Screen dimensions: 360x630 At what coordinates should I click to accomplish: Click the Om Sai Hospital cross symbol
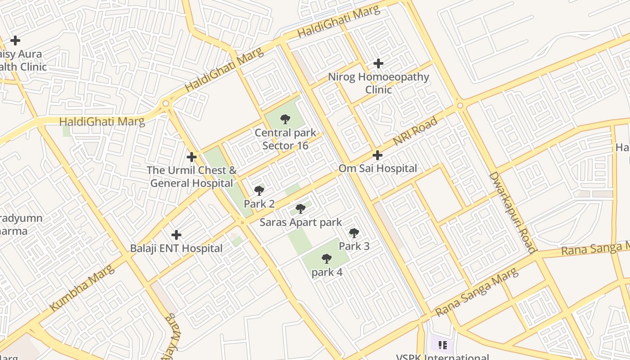(378, 155)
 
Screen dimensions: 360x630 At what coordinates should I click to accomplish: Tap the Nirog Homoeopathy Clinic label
(378, 83)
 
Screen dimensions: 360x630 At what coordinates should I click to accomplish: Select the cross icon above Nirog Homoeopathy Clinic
(378, 63)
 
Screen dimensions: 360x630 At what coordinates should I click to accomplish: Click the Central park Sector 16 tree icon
(285, 119)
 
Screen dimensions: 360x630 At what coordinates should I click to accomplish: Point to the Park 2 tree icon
(259, 191)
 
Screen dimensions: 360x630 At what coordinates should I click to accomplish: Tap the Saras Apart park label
(301, 222)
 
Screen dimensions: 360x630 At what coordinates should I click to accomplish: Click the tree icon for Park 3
(354, 233)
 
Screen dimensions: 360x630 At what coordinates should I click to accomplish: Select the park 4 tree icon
(327, 259)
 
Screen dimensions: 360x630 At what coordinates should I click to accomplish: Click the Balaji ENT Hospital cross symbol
(176, 235)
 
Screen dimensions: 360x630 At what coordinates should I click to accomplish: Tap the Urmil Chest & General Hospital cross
(192, 157)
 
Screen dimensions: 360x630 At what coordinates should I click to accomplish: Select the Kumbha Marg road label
(82, 288)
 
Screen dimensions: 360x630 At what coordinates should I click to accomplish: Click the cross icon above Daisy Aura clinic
(15, 40)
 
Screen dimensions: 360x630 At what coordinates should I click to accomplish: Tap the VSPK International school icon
(442, 345)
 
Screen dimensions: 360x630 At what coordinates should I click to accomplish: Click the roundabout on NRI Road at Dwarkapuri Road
(460, 106)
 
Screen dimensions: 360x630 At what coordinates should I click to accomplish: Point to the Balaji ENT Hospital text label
(176, 248)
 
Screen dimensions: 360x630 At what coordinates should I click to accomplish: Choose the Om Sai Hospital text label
(378, 169)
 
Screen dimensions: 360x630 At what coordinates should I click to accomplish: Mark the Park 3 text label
(354, 246)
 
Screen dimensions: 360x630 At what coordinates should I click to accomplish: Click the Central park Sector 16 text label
(285, 139)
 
